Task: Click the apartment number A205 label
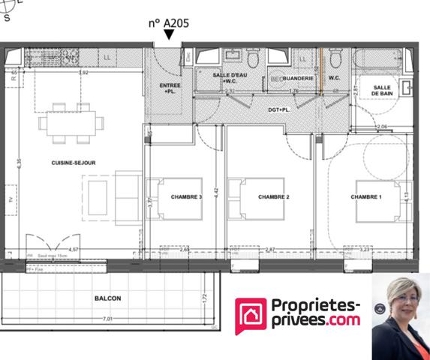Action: point(168,22)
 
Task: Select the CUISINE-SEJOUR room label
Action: point(73,163)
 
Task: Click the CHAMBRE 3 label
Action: point(186,197)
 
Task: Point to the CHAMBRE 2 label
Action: point(273,197)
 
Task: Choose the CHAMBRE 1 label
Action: point(366,197)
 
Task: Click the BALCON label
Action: point(108,298)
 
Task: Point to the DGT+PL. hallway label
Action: point(279,109)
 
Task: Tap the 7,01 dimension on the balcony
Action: point(109,319)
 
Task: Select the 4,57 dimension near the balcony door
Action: point(74,249)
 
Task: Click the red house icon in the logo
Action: point(251,316)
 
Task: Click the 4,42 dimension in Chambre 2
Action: point(217,191)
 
